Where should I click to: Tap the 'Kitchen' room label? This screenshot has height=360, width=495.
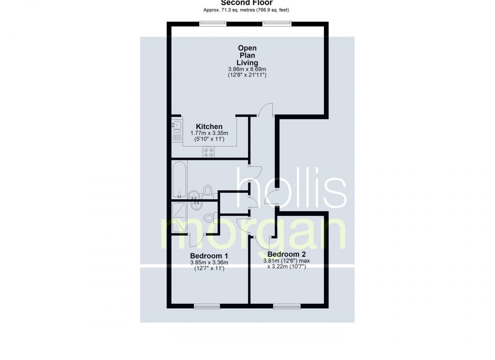tap(209, 127)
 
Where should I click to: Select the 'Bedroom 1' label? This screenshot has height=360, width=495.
tap(209, 256)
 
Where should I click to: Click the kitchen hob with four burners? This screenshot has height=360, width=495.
tap(208, 152)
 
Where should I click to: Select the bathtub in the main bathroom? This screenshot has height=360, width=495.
tap(180, 180)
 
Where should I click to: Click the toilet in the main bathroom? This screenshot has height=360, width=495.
tap(208, 191)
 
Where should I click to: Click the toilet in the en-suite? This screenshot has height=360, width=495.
tap(209, 219)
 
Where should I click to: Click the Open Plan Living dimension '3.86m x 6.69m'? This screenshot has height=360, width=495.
tap(247, 69)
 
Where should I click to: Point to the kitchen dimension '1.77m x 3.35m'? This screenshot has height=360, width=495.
tap(209, 134)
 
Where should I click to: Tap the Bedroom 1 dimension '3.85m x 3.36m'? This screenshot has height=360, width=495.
tap(209, 262)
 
